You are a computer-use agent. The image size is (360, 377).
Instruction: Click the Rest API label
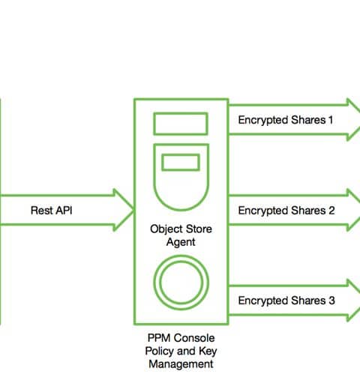pos(52,211)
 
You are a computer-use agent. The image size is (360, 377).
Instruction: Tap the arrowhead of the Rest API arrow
pos(124,210)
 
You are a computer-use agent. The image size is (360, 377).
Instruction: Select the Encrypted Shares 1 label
pos(286,121)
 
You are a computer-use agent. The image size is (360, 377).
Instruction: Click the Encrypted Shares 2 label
pos(286,211)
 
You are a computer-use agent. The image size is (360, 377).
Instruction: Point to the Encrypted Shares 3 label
pos(286,301)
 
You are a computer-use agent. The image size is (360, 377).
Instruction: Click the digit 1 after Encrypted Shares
pos(331,120)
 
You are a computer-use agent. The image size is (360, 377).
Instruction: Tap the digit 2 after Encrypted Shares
pos(331,211)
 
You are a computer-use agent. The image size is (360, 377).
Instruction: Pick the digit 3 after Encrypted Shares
pos(331,301)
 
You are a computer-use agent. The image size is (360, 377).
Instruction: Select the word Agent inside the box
pos(181,242)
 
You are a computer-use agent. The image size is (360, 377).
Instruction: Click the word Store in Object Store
pos(199,229)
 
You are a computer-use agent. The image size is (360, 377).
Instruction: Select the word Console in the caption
pos(194,338)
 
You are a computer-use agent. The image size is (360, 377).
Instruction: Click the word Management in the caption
pos(181,364)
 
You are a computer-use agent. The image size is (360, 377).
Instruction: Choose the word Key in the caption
pos(208,352)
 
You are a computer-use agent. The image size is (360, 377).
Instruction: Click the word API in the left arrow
pos(64,211)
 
